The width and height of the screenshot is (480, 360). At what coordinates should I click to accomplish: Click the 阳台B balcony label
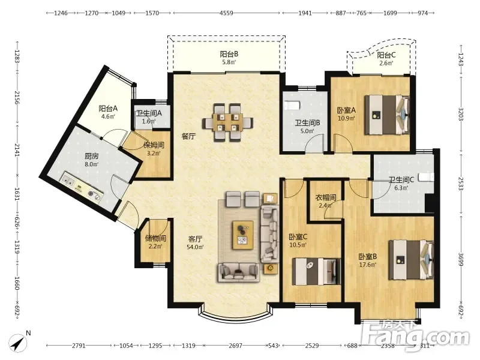coord(229,54)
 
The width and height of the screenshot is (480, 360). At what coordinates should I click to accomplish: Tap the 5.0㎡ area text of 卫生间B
coord(307,131)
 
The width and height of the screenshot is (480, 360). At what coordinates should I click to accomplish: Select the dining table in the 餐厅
coord(227,122)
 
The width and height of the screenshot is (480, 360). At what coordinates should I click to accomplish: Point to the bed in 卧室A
coord(387,115)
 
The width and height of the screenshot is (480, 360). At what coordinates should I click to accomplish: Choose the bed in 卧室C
coord(317,272)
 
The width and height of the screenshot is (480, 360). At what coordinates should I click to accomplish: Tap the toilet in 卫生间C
coord(426,177)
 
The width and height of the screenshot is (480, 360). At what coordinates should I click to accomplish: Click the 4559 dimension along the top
coord(226,13)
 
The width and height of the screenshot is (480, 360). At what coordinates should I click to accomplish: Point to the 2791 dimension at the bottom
coord(79,346)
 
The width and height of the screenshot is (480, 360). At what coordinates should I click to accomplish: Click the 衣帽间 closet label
coord(326,197)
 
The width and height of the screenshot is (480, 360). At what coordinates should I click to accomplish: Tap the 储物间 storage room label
coord(155,238)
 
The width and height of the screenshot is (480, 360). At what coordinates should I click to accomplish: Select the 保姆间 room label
coord(154,145)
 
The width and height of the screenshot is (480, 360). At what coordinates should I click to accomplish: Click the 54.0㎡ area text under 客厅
coord(195,247)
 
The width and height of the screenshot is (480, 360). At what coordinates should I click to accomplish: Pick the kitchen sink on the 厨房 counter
coord(68,179)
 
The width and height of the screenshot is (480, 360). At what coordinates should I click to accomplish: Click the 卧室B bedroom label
coord(368,257)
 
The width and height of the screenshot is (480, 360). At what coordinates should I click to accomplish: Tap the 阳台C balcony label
coord(386,55)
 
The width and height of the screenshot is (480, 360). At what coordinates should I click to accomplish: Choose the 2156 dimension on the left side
coord(17,97)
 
